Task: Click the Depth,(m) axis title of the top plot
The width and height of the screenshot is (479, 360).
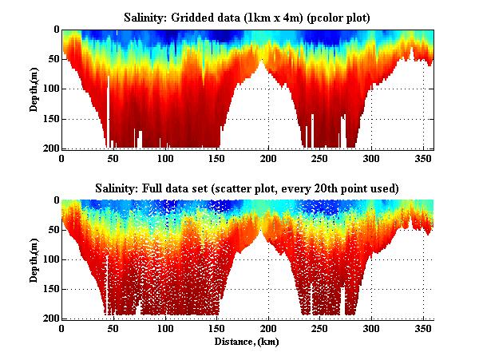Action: [x=34, y=89]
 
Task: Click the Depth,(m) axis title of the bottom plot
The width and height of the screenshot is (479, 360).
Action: [x=34, y=259]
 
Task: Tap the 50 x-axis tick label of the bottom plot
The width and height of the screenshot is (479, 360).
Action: [x=113, y=329]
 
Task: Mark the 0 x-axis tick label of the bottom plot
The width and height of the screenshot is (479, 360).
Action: [x=62, y=329]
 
